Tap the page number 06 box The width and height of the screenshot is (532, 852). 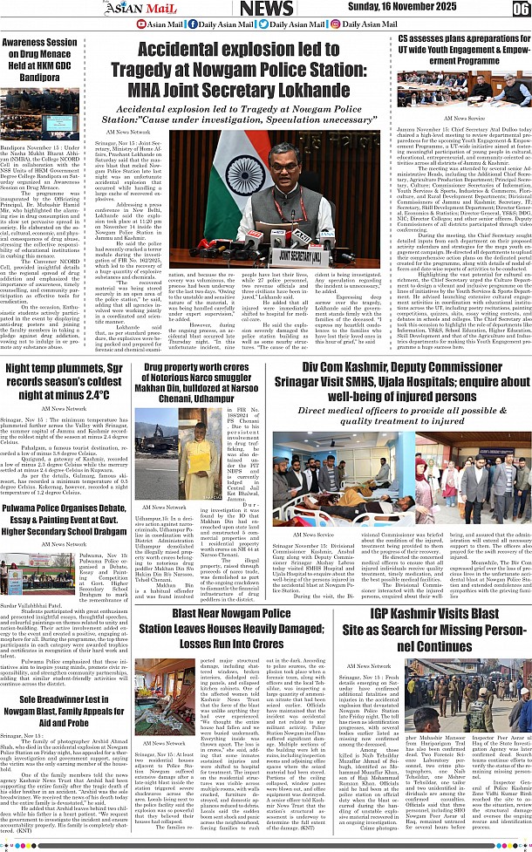coord(520,10)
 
